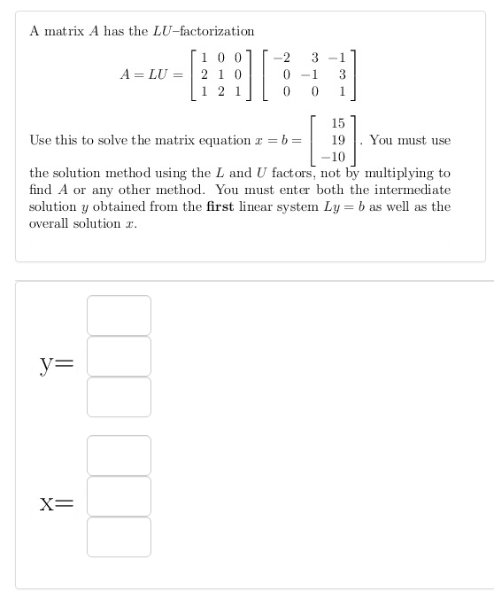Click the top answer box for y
[x=119, y=315]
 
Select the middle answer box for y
[x=119, y=355]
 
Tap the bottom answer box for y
[x=119, y=396]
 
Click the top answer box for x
[x=119, y=455]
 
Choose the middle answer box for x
[x=119, y=495]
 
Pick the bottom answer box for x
[x=119, y=536]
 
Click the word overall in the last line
[x=50, y=223]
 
